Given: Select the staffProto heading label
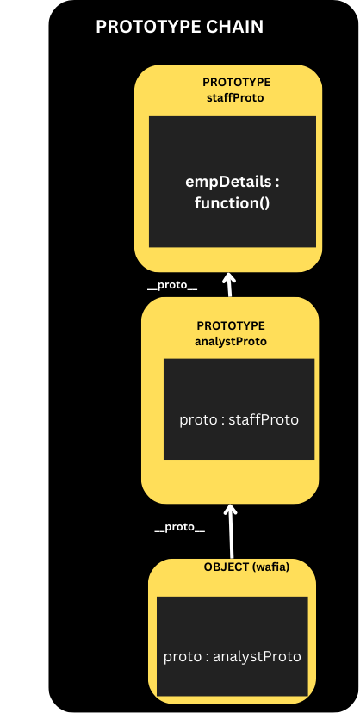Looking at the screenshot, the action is pyautogui.click(x=235, y=98).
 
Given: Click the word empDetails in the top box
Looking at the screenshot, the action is pyautogui.click(x=228, y=182).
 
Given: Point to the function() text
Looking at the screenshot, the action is pyautogui.click(x=233, y=203).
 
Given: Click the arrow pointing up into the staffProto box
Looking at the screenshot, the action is pyautogui.click(x=229, y=285).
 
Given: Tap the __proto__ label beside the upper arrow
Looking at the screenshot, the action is pyautogui.click(x=172, y=286).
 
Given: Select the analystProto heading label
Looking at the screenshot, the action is pyautogui.click(x=231, y=342).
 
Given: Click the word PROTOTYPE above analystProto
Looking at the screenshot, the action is pyautogui.click(x=231, y=326).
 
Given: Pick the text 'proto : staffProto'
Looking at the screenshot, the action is pyautogui.click(x=239, y=419).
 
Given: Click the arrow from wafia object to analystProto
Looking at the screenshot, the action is pyautogui.click(x=232, y=531).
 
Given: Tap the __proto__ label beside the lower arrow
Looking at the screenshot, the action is pyautogui.click(x=179, y=528).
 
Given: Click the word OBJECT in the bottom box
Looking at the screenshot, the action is pyautogui.click(x=226, y=567).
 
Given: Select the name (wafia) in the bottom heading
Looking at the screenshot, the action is pyautogui.click(x=270, y=567).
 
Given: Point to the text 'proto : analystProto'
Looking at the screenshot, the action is pyautogui.click(x=233, y=657).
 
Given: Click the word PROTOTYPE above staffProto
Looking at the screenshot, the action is pyautogui.click(x=236, y=83).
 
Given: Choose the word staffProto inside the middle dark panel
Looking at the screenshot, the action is pyautogui.click(x=264, y=419).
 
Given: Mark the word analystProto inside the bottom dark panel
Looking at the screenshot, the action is pyautogui.click(x=257, y=657).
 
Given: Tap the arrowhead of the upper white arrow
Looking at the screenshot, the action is pyautogui.click(x=229, y=277).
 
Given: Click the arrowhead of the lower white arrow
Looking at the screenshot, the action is pyautogui.click(x=231, y=509).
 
